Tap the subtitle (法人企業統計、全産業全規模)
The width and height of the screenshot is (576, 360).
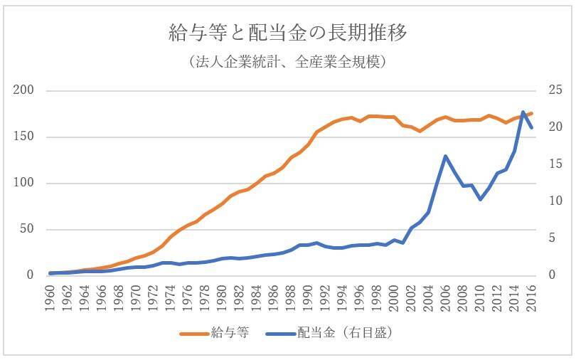(287, 62)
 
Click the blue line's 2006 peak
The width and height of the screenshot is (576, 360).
(445, 156)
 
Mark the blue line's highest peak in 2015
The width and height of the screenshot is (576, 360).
(523, 112)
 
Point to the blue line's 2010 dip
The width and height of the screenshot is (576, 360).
(480, 200)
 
